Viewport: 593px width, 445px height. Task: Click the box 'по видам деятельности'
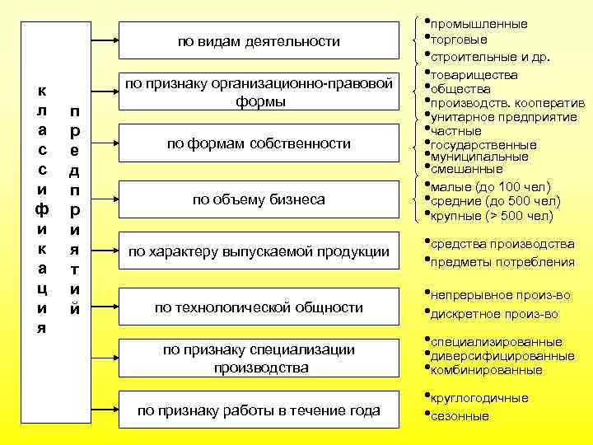tap(259, 41)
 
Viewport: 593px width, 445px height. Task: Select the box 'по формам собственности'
tap(259, 143)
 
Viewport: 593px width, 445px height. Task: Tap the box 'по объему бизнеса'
tap(259, 199)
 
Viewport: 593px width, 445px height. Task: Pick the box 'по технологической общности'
tap(259, 307)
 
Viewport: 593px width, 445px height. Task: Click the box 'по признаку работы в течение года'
tap(259, 410)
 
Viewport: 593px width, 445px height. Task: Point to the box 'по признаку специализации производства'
tap(259, 358)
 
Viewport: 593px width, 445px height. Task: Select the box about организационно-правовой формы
tap(259, 92)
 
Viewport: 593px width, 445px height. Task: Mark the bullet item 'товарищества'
tap(474, 75)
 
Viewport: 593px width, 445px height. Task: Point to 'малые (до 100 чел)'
tap(489, 186)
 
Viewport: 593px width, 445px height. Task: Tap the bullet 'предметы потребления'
tap(502, 262)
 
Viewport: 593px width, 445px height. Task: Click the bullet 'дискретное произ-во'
tap(494, 313)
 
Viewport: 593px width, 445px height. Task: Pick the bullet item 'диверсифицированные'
tap(502, 356)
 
